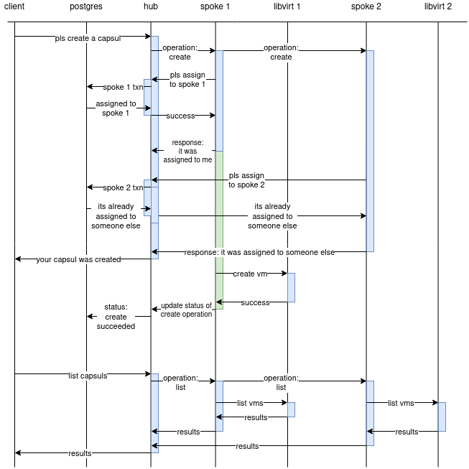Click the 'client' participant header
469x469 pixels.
click(14, 6)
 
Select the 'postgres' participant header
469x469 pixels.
click(86, 6)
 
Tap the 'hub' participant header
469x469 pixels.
click(151, 6)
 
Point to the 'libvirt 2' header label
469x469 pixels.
click(438, 6)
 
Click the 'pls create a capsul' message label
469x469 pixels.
click(88, 38)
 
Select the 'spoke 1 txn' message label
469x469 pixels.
click(124, 87)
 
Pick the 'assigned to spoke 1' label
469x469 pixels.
click(116, 108)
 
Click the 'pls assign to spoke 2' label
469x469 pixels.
click(247, 180)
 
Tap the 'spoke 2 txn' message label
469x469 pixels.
click(124, 187)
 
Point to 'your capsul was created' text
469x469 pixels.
click(79, 259)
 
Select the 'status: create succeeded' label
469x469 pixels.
click(116, 316)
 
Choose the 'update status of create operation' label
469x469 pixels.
click(187, 310)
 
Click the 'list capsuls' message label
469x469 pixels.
click(88, 374)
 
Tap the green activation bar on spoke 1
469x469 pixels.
click(219, 230)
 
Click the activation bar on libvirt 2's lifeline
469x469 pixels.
click(442, 417)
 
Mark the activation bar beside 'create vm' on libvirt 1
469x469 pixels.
click(291, 287)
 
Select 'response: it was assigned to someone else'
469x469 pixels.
click(259, 252)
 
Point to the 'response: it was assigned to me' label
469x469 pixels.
click(187, 151)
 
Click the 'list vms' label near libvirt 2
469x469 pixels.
click(401, 403)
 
